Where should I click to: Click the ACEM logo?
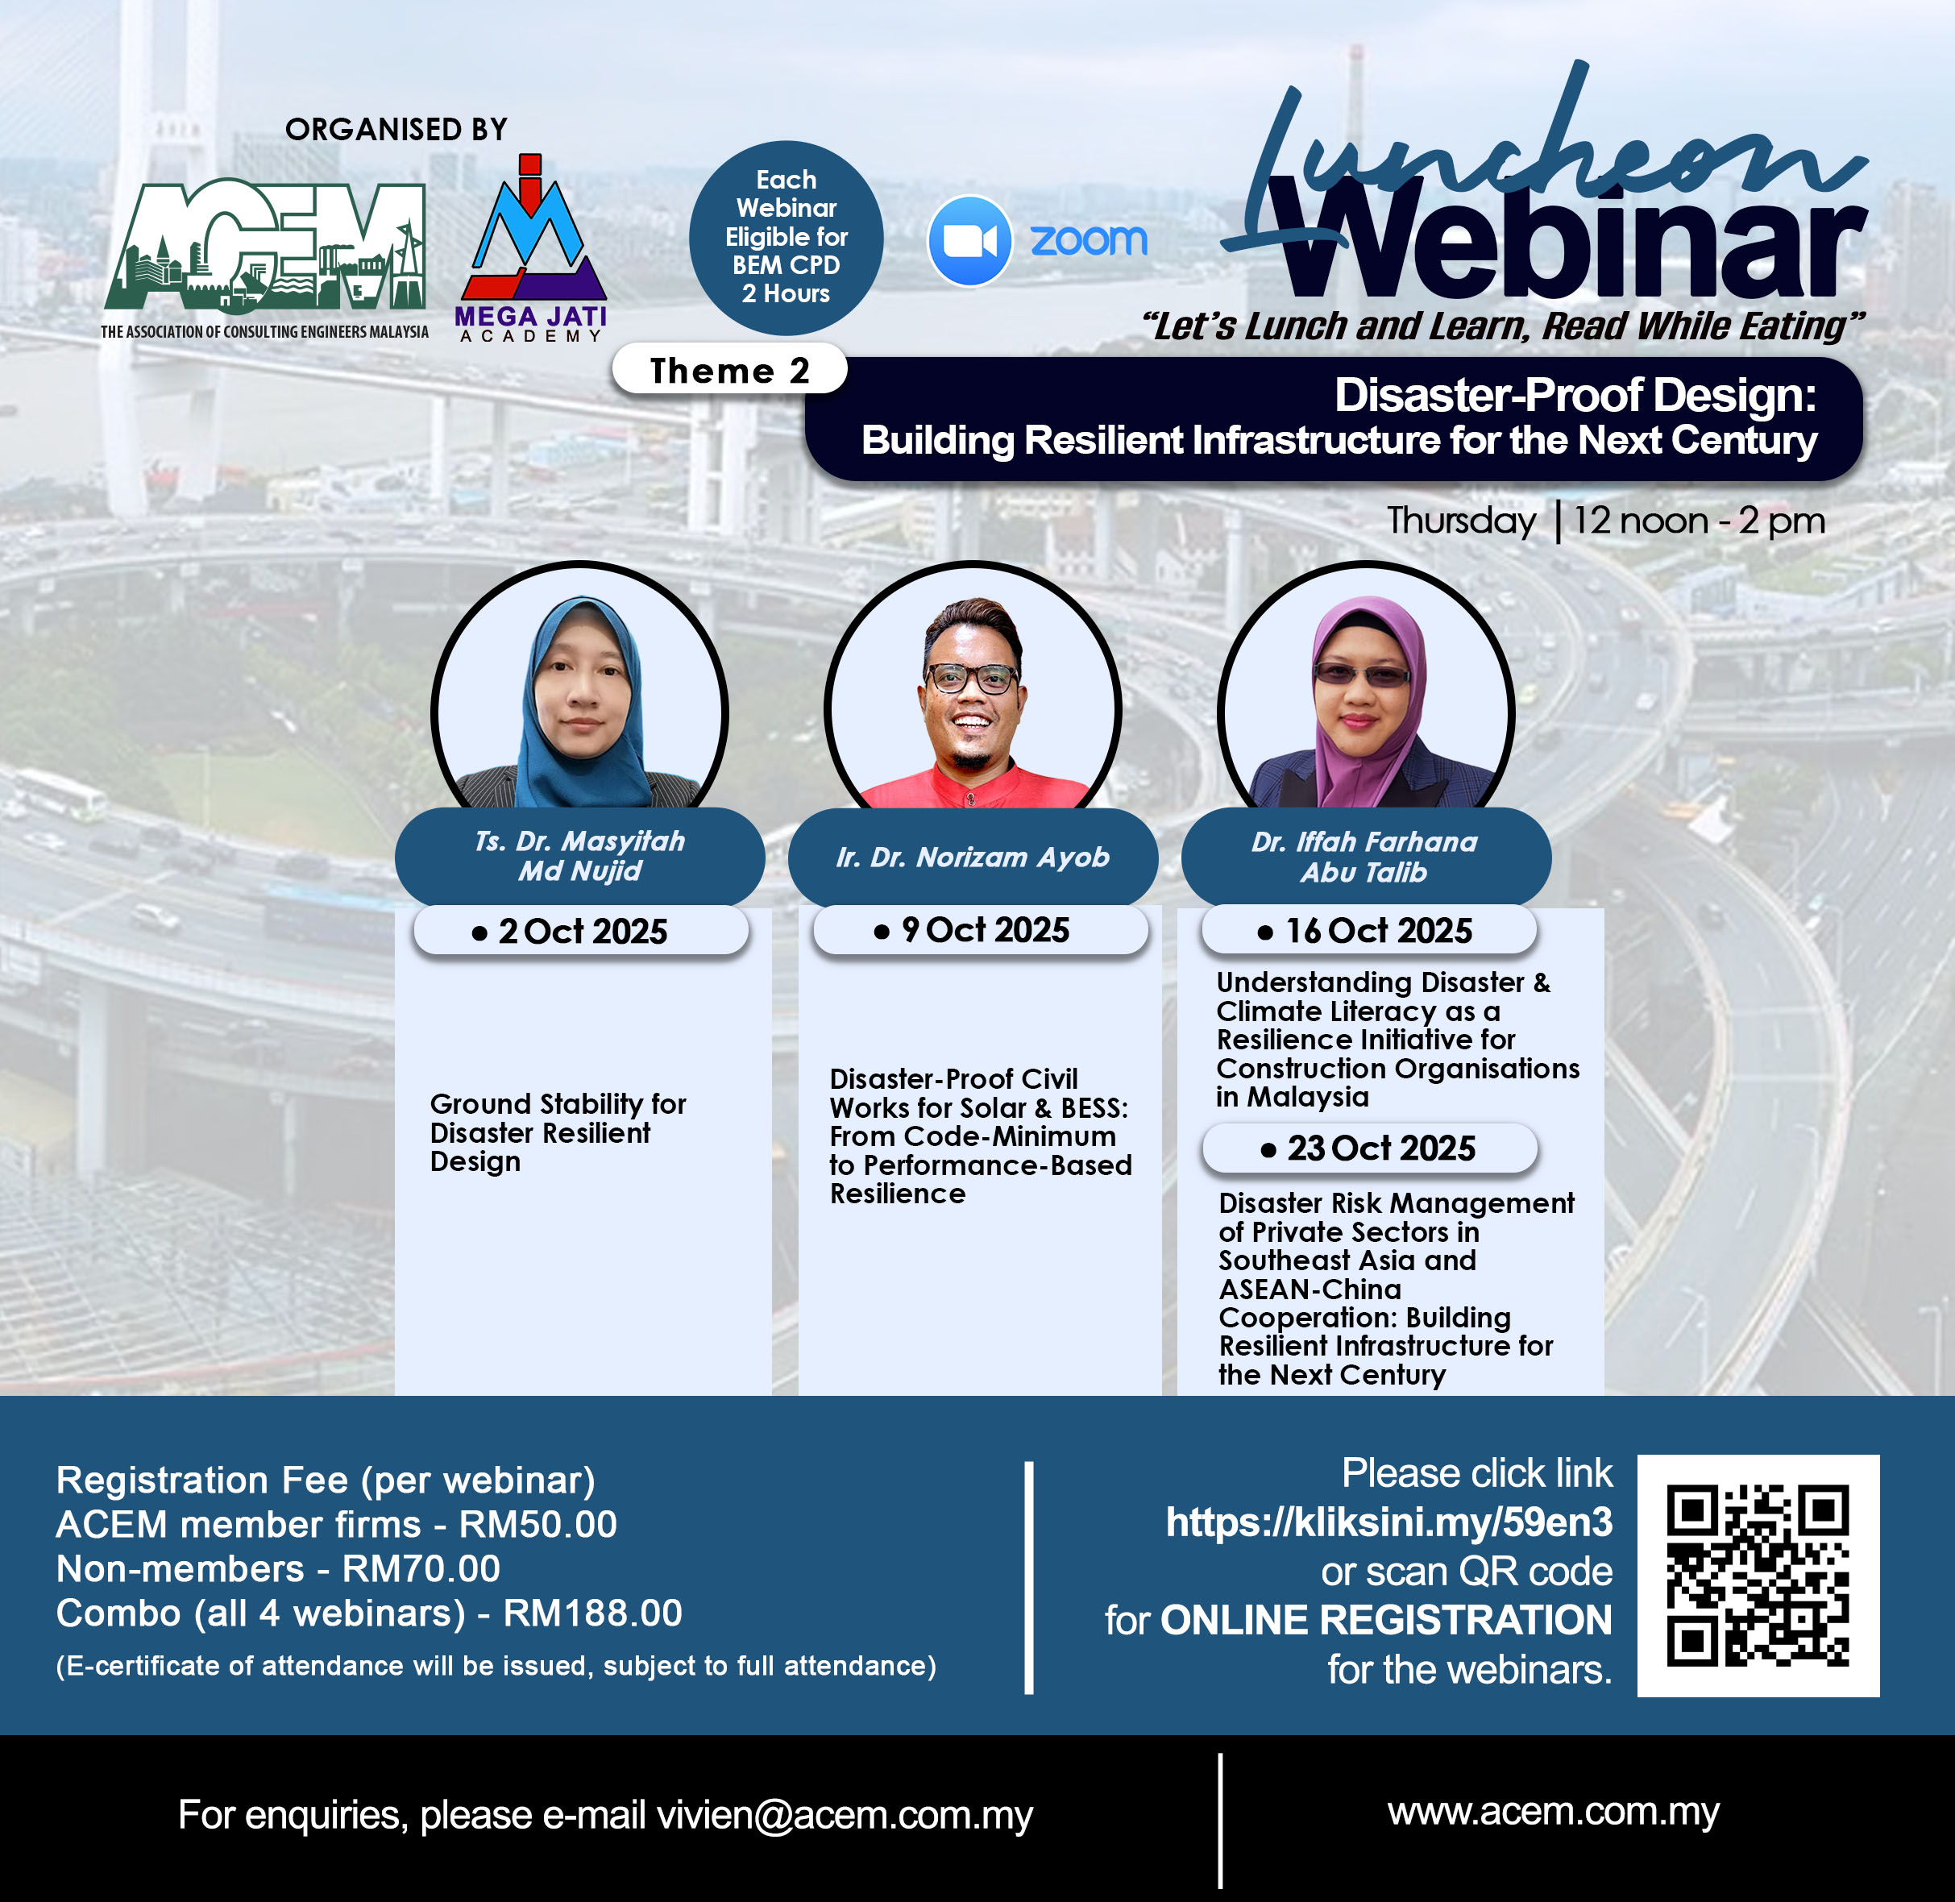pyautogui.click(x=265, y=258)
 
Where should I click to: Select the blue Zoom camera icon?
pyautogui.click(x=969, y=241)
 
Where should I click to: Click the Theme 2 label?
pyautogui.click(x=729, y=371)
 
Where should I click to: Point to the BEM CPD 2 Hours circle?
pyautogui.click(x=787, y=237)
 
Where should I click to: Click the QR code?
pyautogui.click(x=1758, y=1576)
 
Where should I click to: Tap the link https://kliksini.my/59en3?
pyautogui.click(x=1388, y=1522)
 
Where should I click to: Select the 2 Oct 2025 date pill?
pyautogui.click(x=581, y=931)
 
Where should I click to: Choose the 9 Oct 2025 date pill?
pyautogui.click(x=981, y=930)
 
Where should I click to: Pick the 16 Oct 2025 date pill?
pyautogui.click(x=1368, y=930)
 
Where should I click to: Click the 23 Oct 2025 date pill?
pyautogui.click(x=1370, y=1148)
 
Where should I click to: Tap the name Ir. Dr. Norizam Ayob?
pyautogui.click(x=973, y=857)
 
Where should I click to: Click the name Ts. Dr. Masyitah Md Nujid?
pyautogui.click(x=580, y=855)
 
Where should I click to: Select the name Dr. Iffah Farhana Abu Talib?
pyautogui.click(x=1364, y=857)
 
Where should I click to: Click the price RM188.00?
pyautogui.click(x=592, y=1613)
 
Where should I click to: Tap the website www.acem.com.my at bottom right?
pyautogui.click(x=1554, y=1811)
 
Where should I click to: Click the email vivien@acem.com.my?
pyautogui.click(x=845, y=1815)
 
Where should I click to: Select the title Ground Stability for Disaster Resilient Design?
pyautogui.click(x=558, y=1133)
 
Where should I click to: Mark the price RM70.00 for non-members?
pyautogui.click(x=421, y=1568)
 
